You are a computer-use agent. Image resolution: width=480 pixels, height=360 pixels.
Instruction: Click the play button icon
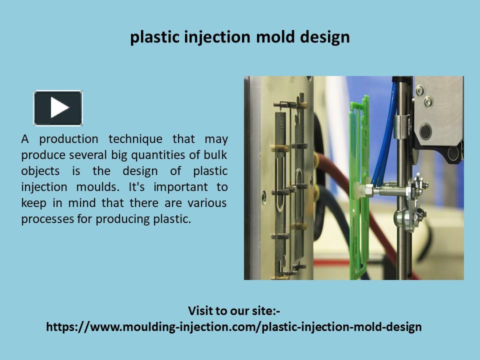(58, 107)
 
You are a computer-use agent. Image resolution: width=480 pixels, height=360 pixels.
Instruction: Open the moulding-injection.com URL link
(234, 327)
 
